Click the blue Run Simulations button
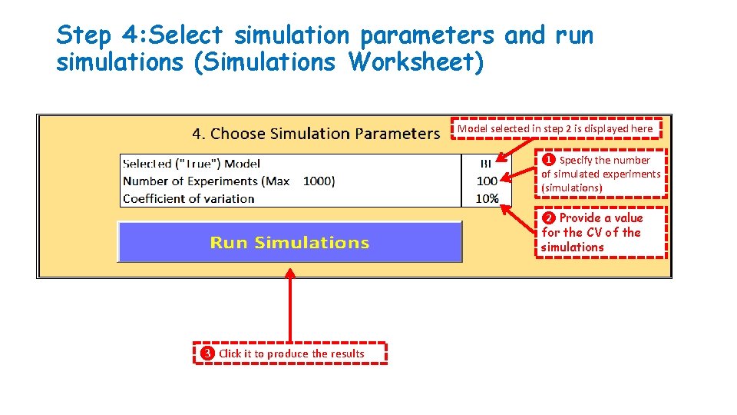(x=289, y=243)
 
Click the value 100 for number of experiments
(x=487, y=181)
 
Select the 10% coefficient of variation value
(x=487, y=198)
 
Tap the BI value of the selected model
(x=486, y=164)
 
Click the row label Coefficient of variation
(x=188, y=198)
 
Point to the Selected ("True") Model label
(x=191, y=164)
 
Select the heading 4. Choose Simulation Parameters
(x=316, y=134)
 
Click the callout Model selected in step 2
(x=555, y=129)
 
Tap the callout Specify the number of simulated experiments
(x=600, y=174)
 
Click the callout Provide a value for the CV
(x=600, y=232)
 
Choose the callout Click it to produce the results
(x=289, y=354)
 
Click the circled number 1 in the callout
(x=549, y=161)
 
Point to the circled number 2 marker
(x=549, y=218)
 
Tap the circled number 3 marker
(x=207, y=354)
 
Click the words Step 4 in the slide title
(x=96, y=35)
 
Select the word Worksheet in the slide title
(x=415, y=62)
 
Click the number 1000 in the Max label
(x=318, y=181)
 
